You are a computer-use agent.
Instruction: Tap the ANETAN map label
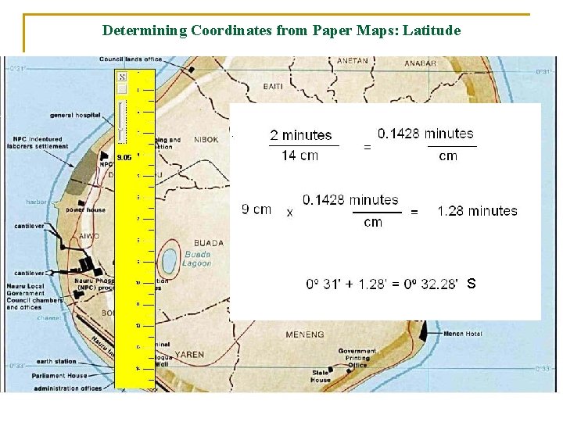click(352, 60)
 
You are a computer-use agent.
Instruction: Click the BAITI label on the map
click(273, 86)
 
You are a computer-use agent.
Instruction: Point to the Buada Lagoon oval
click(168, 260)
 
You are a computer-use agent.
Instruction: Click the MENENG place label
click(304, 334)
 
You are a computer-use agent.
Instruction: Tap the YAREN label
click(189, 355)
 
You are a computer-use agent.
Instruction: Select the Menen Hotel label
click(463, 334)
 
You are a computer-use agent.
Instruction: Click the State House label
click(321, 377)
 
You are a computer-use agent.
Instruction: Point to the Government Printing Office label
click(357, 358)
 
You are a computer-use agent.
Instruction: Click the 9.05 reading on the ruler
click(124, 157)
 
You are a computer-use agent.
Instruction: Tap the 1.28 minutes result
click(477, 211)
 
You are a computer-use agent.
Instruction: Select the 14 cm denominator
click(299, 155)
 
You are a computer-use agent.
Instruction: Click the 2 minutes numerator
click(301, 136)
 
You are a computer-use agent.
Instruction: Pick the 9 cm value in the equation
click(257, 209)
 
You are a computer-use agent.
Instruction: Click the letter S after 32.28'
click(472, 284)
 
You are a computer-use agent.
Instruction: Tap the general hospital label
click(75, 115)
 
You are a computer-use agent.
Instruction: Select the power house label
click(85, 209)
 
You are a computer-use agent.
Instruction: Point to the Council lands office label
click(131, 59)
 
